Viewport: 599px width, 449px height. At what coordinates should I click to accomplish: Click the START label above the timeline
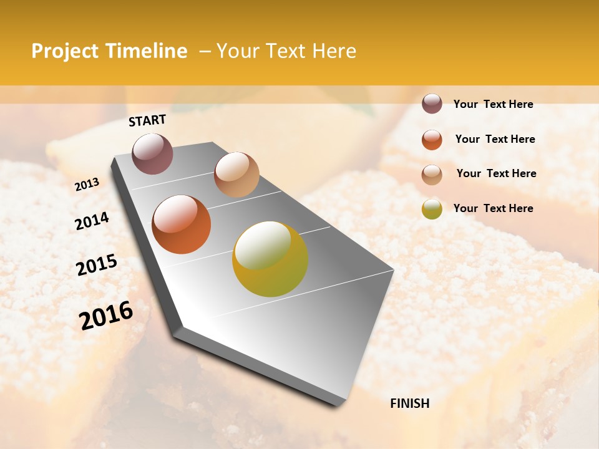click(x=147, y=120)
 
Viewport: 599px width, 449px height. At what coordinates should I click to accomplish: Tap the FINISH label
click(x=409, y=403)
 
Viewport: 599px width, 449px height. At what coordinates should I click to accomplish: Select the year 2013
click(x=87, y=184)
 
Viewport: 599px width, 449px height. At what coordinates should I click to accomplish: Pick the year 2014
click(x=92, y=221)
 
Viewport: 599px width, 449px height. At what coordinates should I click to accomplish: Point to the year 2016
click(x=106, y=315)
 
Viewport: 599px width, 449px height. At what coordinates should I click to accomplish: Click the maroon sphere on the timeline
click(x=152, y=153)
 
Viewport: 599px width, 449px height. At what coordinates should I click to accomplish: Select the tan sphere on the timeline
click(x=236, y=175)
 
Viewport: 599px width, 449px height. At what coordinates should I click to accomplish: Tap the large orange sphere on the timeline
click(x=182, y=224)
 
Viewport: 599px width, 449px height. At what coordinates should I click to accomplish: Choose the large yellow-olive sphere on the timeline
click(x=270, y=259)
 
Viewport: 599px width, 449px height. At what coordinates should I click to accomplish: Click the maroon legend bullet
click(x=432, y=104)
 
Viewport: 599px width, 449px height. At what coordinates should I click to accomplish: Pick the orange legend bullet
click(x=432, y=140)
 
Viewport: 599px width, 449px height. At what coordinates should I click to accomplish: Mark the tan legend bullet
click(x=432, y=175)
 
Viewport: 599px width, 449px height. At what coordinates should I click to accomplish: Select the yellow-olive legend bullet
click(x=432, y=209)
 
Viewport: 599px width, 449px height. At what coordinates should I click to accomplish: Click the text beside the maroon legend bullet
click(x=493, y=104)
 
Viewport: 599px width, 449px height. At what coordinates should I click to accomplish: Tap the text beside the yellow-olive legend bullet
click(x=493, y=208)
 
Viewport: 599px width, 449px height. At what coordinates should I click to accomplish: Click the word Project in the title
click(x=64, y=51)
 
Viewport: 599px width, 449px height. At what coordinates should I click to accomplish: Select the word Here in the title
click(x=334, y=51)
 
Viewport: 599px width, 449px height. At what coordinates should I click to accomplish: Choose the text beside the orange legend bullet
click(x=495, y=139)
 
